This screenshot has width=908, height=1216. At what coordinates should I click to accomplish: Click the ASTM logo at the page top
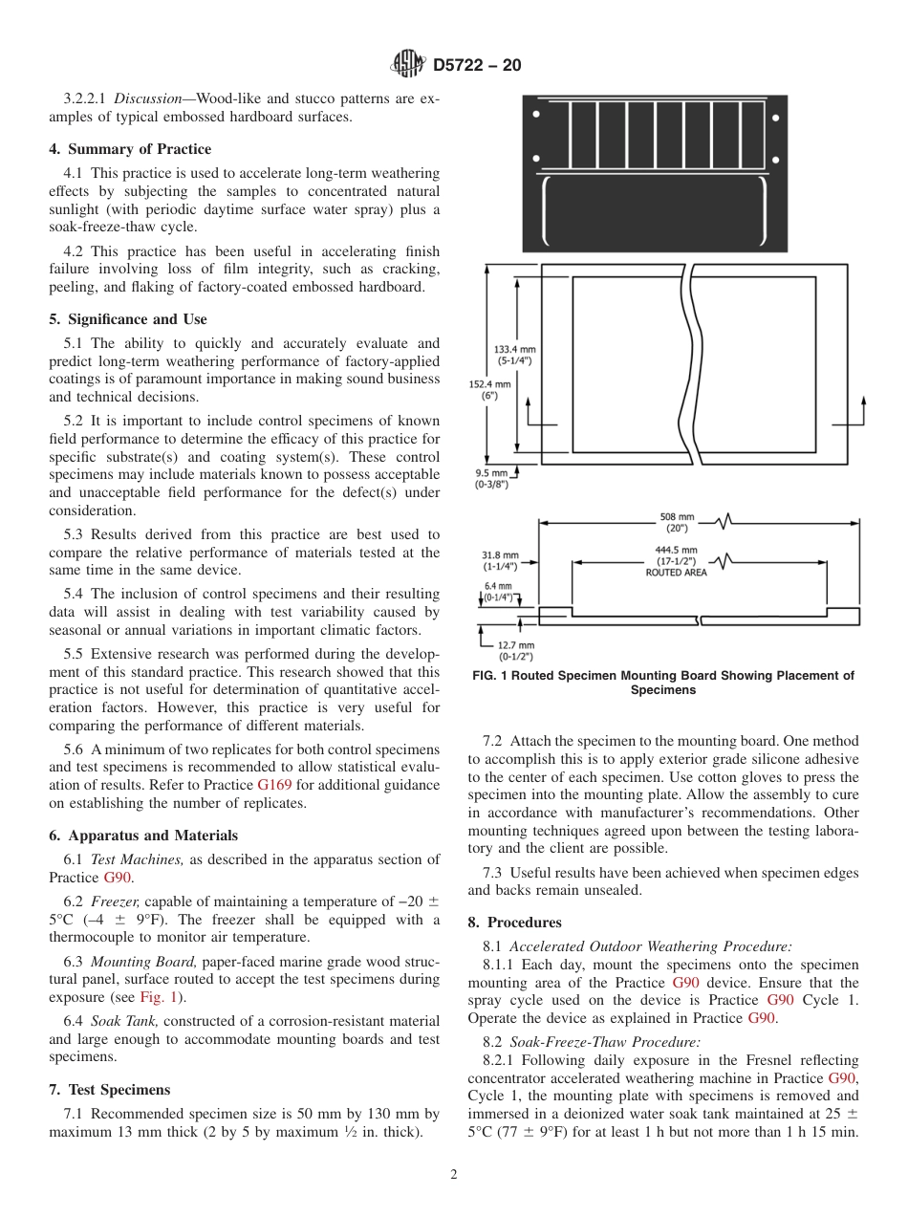(408, 65)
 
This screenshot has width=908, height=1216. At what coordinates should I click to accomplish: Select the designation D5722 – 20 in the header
(477, 66)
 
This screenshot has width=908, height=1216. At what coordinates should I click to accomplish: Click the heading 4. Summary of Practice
(130, 149)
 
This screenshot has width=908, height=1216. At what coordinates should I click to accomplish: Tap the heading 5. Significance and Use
(128, 319)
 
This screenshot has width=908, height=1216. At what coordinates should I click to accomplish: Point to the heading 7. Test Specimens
(110, 1090)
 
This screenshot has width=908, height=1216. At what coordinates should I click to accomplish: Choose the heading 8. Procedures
(514, 923)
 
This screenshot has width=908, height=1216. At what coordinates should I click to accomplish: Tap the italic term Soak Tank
(123, 1022)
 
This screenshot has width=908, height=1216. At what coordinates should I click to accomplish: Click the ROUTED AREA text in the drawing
(676, 573)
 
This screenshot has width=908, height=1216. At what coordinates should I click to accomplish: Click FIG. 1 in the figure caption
(493, 676)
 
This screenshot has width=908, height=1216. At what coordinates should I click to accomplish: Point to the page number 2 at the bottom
(454, 1175)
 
